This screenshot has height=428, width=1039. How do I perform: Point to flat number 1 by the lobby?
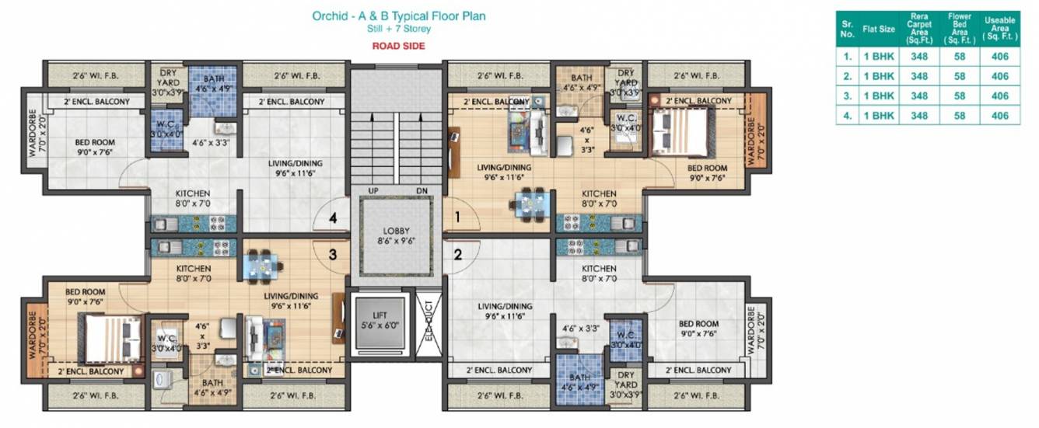point(458,218)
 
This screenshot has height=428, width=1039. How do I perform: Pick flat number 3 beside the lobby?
point(332,253)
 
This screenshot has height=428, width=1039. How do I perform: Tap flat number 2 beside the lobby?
point(458,253)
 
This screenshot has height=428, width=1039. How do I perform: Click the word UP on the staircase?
point(373,190)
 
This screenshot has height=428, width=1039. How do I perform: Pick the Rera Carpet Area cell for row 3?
point(919,96)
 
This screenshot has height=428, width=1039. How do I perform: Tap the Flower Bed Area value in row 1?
point(959,56)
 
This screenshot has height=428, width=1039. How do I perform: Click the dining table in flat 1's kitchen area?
point(531,204)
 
